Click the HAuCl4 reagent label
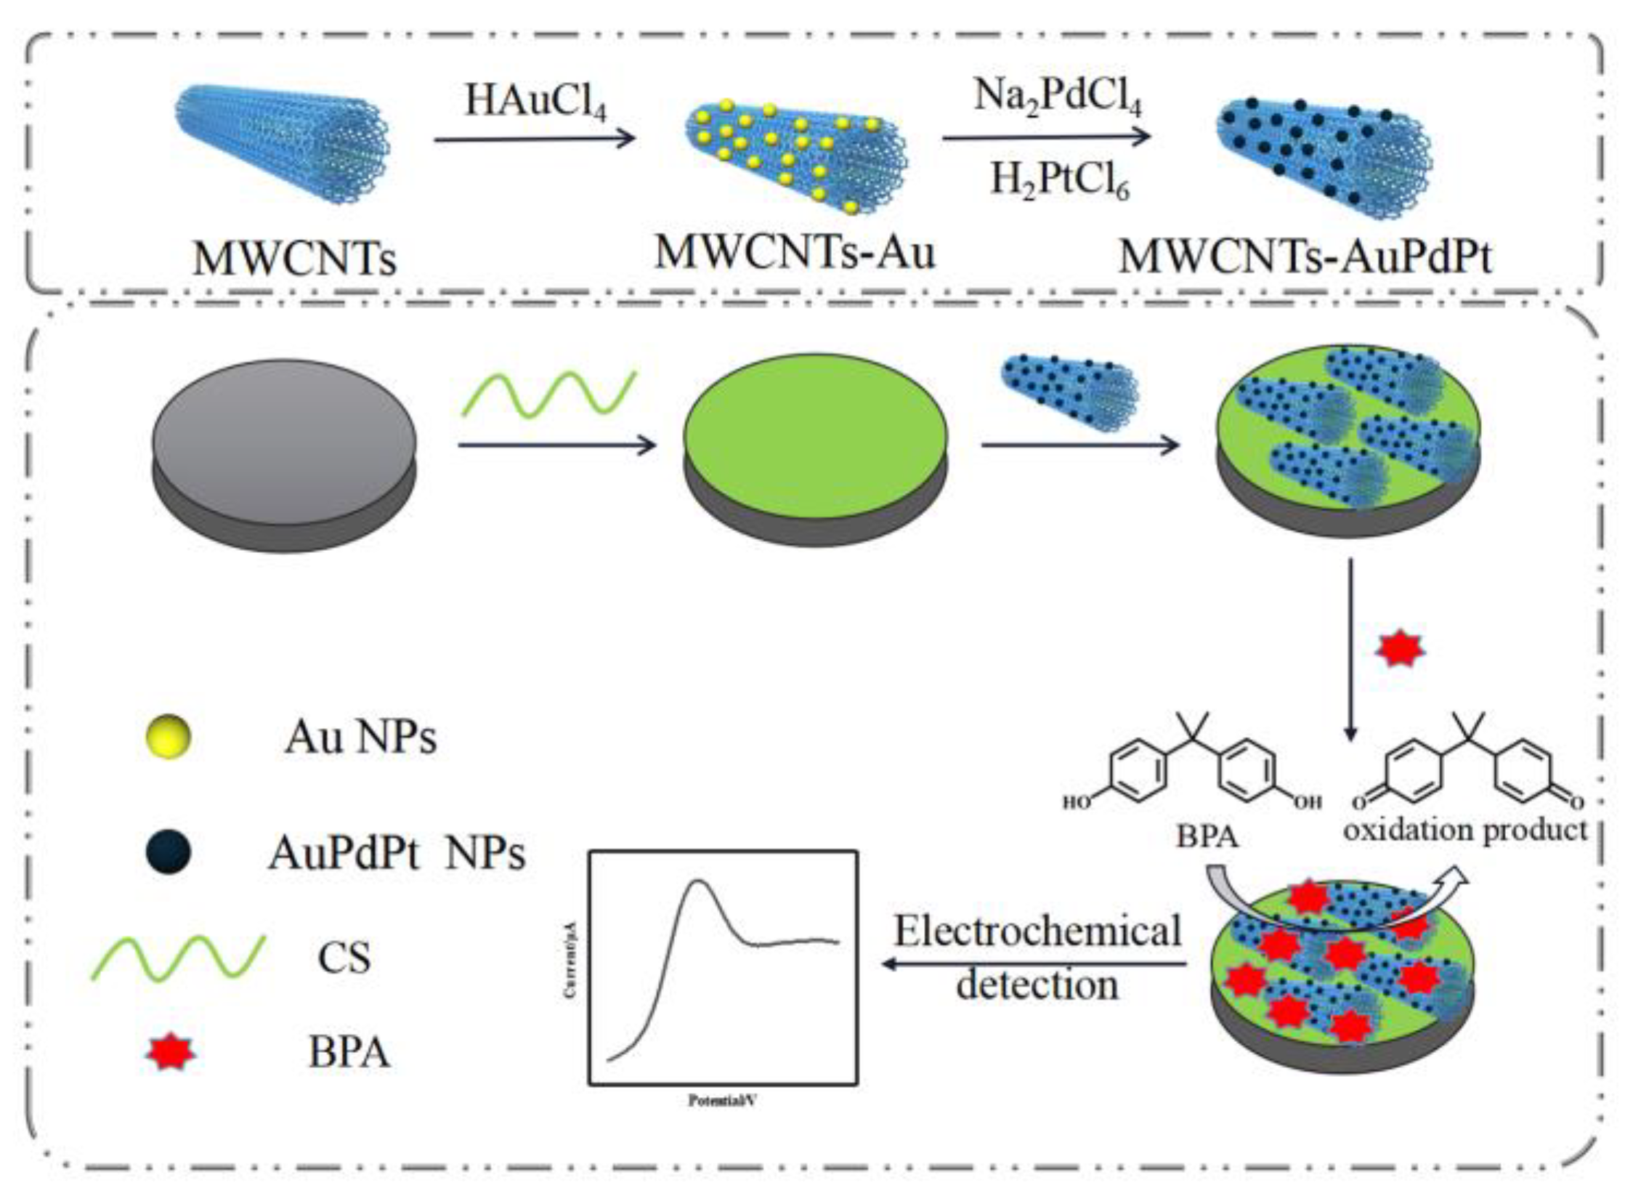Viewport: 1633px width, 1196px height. tap(535, 101)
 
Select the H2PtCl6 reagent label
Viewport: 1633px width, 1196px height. tap(1060, 179)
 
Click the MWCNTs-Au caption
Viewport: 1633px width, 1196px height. tap(795, 252)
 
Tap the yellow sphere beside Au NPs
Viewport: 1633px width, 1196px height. tap(169, 738)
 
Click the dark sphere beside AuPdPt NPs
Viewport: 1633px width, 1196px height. tap(169, 852)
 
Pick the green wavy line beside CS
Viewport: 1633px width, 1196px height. tap(178, 958)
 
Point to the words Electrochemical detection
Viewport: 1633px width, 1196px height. tap(1037, 958)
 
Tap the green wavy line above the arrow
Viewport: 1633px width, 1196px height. tap(549, 395)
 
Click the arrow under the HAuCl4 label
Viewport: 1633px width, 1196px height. tap(534, 139)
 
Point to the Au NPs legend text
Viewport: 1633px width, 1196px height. tap(360, 738)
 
